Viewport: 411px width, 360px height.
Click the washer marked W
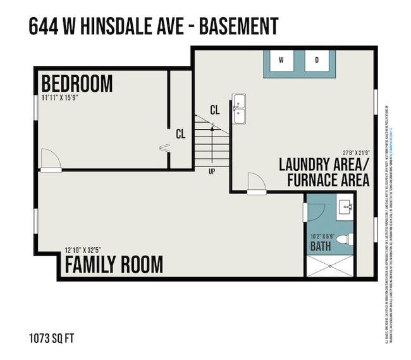tap(282, 61)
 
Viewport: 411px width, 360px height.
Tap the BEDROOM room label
tap(77, 84)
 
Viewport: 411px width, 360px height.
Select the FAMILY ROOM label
tap(114, 264)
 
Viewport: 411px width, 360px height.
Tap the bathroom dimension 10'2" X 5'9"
tap(321, 237)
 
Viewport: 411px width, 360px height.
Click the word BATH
tap(321, 247)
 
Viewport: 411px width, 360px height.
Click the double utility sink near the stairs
tap(238, 109)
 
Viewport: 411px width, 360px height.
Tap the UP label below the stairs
tap(211, 170)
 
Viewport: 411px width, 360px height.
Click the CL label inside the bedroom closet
tap(181, 134)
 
